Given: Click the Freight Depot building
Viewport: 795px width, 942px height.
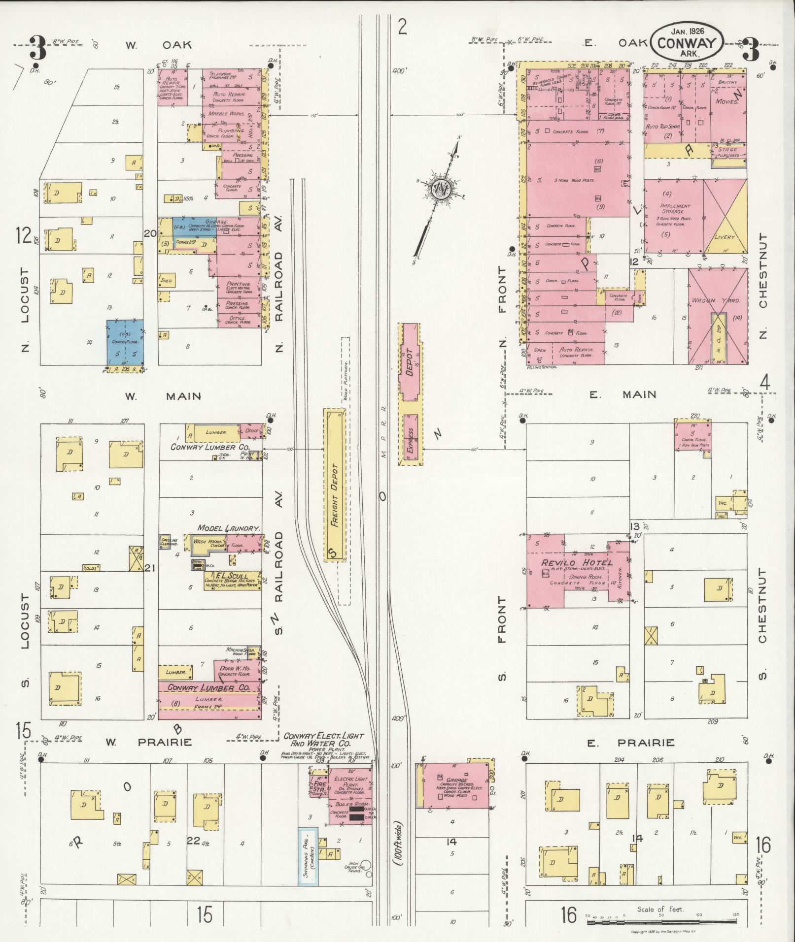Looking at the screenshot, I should pyautogui.click(x=334, y=485).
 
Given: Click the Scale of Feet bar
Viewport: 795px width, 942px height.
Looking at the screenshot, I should pyautogui.click(x=660, y=920).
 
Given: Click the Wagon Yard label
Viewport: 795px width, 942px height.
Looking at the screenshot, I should pyautogui.click(x=711, y=300).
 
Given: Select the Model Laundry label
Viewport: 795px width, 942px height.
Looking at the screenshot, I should pyautogui.click(x=228, y=528).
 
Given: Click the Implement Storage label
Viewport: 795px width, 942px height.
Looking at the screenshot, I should pyautogui.click(x=676, y=209).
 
